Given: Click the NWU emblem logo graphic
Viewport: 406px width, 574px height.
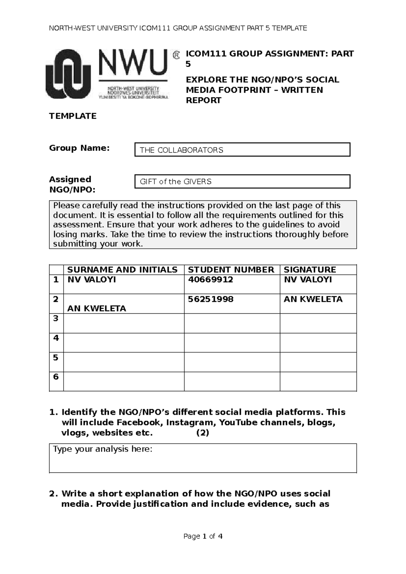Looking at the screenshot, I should (68, 74).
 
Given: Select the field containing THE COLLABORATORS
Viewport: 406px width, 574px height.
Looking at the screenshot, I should (242, 150).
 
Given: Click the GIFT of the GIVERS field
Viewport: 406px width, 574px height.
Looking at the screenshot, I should (242, 181).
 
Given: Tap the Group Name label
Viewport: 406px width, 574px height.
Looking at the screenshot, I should (80, 148).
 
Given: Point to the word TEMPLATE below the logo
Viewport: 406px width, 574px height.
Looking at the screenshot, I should (73, 116).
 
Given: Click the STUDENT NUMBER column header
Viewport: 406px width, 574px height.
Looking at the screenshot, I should (231, 270).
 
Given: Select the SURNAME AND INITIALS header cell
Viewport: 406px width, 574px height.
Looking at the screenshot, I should (122, 270).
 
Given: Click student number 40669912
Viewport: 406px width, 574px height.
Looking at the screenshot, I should (210, 280).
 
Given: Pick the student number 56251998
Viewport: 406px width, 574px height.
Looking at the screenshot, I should (210, 299).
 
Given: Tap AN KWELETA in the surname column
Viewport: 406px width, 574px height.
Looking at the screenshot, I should (97, 308).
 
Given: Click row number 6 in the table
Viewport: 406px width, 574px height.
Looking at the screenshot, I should (56, 377).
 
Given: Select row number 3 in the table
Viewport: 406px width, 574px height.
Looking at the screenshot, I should (56, 318).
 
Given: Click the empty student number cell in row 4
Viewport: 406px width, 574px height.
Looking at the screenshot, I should (232, 343).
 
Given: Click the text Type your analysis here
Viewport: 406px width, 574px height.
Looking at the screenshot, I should (103, 449).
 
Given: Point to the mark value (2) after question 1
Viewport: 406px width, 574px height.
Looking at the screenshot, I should (203, 433).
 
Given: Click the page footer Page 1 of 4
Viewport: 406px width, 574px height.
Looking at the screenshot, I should (203, 536).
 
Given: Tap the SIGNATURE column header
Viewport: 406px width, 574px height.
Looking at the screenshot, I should (310, 270).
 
